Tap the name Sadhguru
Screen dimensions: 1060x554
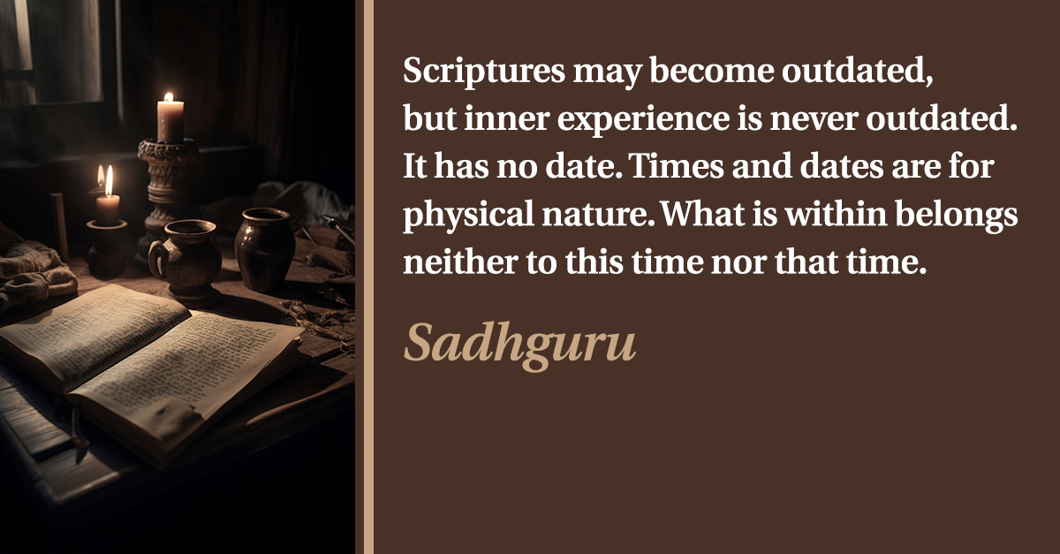519,345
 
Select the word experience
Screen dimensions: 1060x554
643,120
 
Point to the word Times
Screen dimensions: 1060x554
678,167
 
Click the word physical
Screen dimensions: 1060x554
468,216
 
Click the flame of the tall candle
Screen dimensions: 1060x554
169,97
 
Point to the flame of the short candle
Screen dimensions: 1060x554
109,180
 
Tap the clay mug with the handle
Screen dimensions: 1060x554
187,262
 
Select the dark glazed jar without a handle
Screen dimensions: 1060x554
264,250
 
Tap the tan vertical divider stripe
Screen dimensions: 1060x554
368,277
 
